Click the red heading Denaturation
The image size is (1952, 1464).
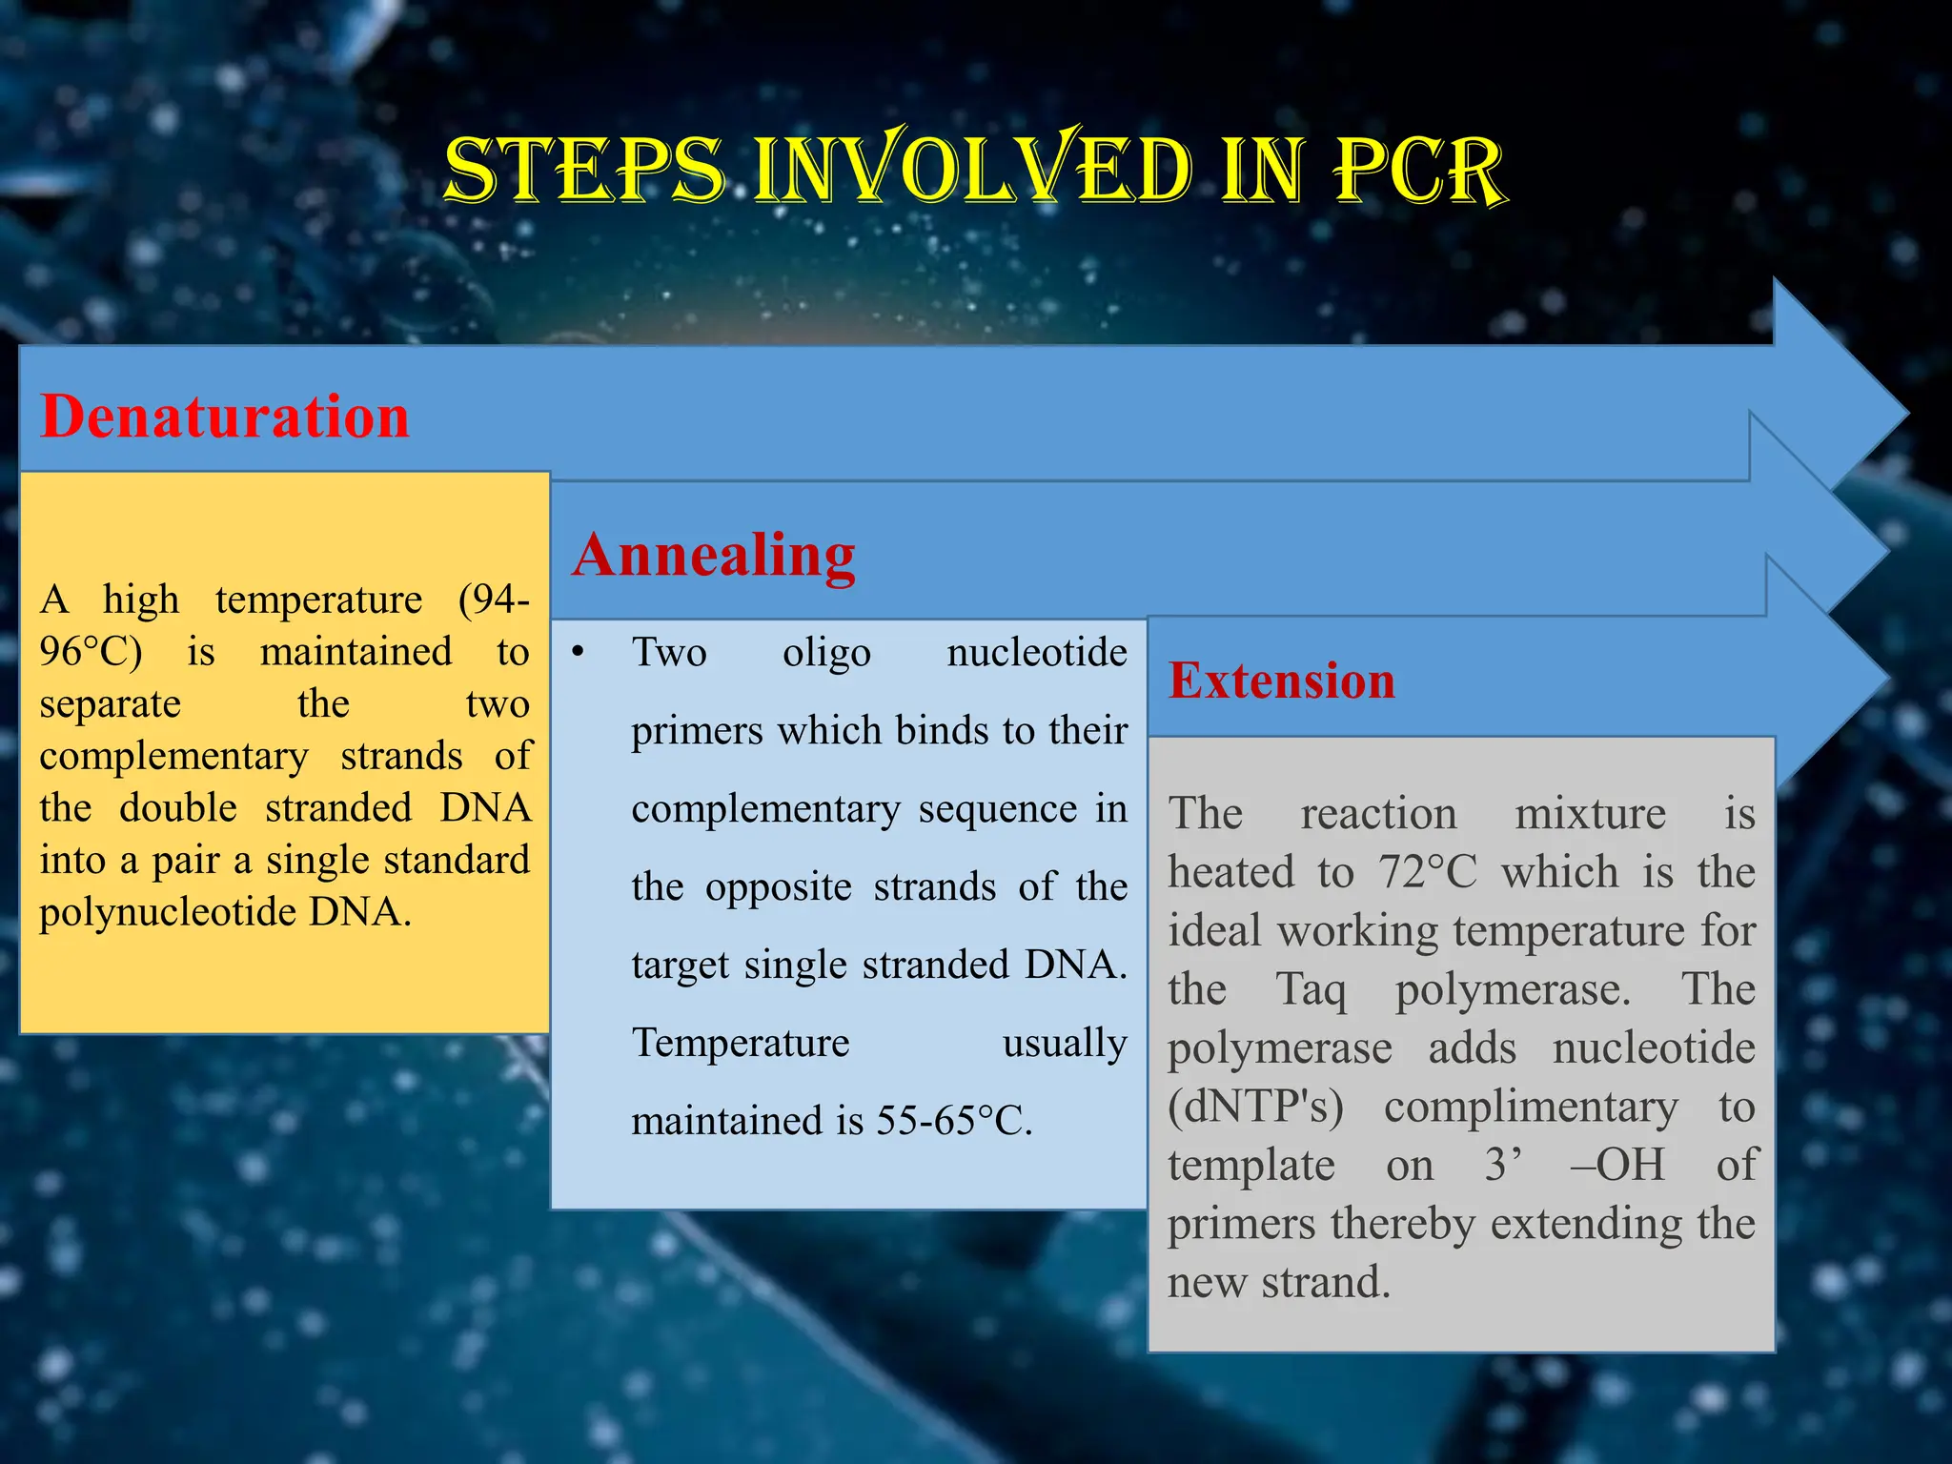[224, 417]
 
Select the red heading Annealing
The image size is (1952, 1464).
[713, 555]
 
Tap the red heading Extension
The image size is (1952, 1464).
[1281, 681]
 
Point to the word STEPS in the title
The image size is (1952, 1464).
[584, 172]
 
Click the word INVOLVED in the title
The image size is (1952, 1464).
[972, 172]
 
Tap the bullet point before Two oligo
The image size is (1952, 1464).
[578, 653]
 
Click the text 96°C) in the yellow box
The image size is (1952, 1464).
[91, 652]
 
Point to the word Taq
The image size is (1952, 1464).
[1311, 989]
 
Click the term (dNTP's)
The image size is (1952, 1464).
[1255, 1107]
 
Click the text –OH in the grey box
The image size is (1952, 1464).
[1617, 1165]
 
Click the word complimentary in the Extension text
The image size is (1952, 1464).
[1531, 1107]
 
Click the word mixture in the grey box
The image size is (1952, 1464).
[1590, 814]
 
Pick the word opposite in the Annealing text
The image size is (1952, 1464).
[778, 887]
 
